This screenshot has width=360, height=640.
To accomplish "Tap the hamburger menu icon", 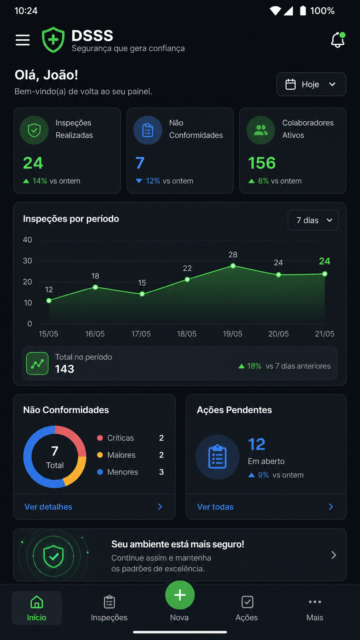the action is point(23,40).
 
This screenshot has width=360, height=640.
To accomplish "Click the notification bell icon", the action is point(338,40).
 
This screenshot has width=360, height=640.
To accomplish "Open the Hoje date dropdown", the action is point(311,84).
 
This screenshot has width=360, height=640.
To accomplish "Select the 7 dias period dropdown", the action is point(313,220).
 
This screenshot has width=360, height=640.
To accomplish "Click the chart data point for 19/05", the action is point(233,266).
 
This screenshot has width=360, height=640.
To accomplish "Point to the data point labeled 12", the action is point(49,300).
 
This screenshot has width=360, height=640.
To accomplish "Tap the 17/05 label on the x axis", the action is point(141,334).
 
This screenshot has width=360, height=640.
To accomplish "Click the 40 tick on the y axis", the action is point(28,240).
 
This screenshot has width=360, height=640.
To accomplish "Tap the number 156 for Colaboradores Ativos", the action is point(262,163).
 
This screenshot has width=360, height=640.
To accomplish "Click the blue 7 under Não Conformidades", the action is point(140,163).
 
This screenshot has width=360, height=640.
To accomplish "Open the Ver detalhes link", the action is point(48,507).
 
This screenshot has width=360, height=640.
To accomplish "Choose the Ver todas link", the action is point(215,507).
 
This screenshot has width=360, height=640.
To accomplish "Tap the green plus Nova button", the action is point(180,595).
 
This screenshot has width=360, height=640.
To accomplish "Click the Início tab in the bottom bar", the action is point(37,608).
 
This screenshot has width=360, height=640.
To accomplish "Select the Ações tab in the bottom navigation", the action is point(247,608).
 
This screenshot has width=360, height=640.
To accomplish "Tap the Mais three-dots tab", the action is point(315,608).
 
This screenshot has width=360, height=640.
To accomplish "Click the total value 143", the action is point(65,369).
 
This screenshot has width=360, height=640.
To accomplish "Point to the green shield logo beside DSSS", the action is point(53,40).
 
